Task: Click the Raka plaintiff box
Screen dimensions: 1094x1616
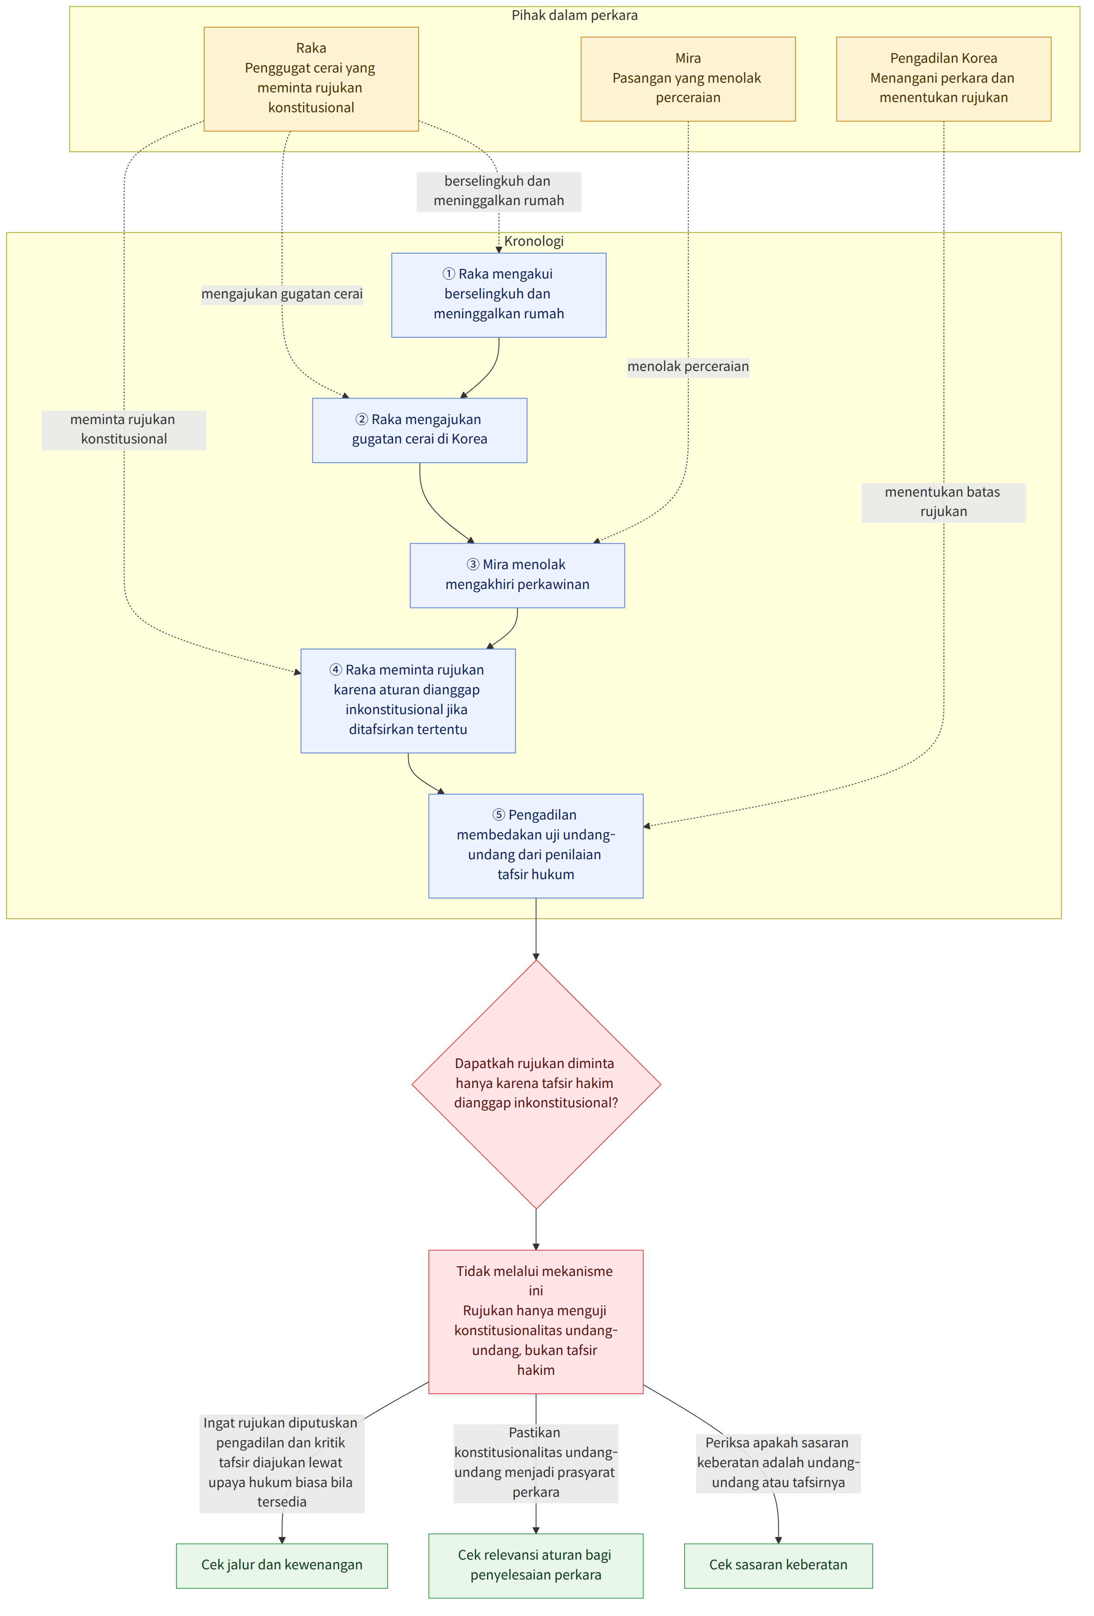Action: (311, 79)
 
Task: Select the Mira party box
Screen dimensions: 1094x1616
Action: (688, 79)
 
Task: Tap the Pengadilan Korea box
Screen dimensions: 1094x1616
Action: (943, 79)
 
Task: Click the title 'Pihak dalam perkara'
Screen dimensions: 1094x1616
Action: (574, 15)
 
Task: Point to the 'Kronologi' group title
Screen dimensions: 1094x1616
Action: (534, 241)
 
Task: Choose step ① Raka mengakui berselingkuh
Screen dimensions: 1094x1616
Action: (498, 295)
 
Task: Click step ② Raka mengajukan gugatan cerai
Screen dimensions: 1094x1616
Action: (419, 430)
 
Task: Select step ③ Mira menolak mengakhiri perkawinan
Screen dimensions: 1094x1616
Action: (517, 575)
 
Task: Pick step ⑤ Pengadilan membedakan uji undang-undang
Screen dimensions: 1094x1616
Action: (535, 845)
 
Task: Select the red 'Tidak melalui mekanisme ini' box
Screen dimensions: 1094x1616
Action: (535, 1321)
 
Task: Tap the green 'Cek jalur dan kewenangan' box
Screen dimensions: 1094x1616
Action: (282, 1565)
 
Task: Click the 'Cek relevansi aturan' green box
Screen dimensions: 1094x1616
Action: (535, 1565)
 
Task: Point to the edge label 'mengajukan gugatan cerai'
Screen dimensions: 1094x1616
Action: (282, 294)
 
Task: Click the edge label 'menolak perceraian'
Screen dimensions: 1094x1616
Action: (688, 366)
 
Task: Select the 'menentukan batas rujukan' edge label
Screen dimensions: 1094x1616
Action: (943, 502)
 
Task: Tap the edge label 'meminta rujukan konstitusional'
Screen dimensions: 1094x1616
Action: (124, 430)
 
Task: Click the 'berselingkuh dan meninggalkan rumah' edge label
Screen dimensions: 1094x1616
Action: (498, 191)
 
